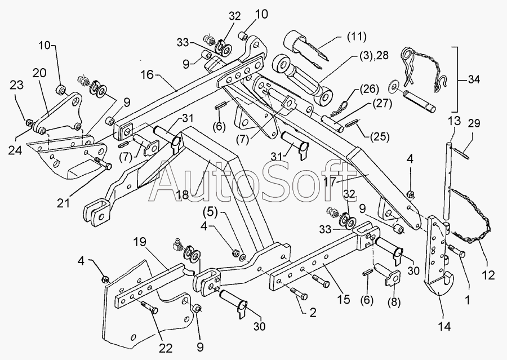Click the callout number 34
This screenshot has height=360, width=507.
(x=473, y=79)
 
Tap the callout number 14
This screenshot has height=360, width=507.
(x=444, y=326)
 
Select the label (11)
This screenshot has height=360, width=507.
(x=357, y=37)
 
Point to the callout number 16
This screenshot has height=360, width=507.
(x=147, y=75)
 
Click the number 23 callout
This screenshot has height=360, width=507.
(x=16, y=85)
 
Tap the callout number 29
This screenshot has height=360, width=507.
(x=473, y=123)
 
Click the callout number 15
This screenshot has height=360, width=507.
(x=344, y=299)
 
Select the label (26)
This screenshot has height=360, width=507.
(x=368, y=88)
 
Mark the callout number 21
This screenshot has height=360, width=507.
(x=64, y=203)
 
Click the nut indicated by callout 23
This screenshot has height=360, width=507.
(x=29, y=123)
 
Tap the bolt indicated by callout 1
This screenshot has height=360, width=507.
(x=456, y=251)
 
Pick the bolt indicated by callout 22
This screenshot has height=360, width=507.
(x=149, y=306)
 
